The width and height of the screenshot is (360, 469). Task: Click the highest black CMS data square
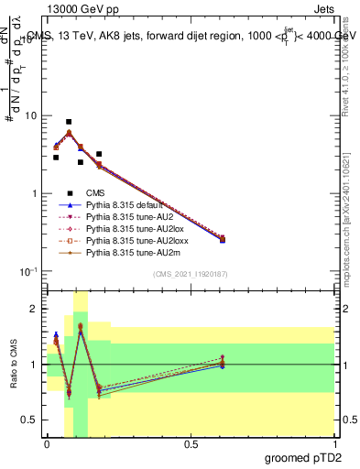69,122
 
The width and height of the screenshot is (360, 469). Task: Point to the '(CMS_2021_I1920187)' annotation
190,274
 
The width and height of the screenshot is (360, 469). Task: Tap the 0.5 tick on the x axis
190,444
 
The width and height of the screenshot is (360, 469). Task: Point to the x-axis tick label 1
333,444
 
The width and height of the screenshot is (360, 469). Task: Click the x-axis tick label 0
47,444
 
